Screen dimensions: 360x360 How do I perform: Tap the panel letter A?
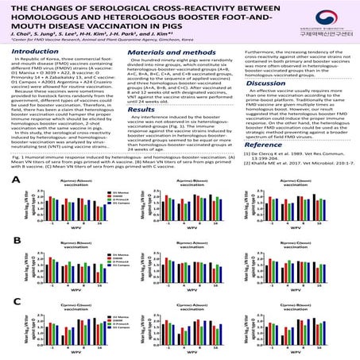pyautogui.click(x=15, y=204)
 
